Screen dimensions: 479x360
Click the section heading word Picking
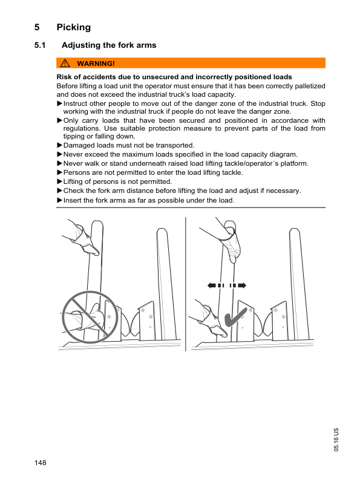coord(73,27)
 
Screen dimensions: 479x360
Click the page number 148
coord(41,463)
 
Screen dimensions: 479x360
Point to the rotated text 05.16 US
coord(336,438)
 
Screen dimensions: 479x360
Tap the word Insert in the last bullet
coord(73,200)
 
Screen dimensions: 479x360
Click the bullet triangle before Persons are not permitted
coord(59,172)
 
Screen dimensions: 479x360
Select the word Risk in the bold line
coord(65,77)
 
